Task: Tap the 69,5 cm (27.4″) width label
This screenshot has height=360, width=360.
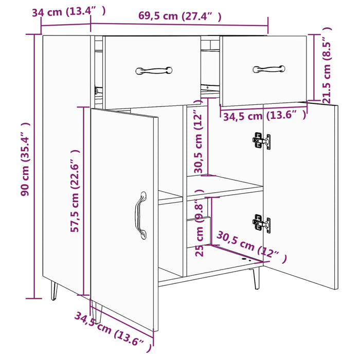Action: pos(179,16)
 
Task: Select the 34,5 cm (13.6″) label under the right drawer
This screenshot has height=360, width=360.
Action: pos(264,116)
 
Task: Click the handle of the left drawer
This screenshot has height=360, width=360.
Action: pos(154,70)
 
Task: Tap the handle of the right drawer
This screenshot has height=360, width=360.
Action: pos(268,68)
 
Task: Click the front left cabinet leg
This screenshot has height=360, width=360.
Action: pos(98,312)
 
